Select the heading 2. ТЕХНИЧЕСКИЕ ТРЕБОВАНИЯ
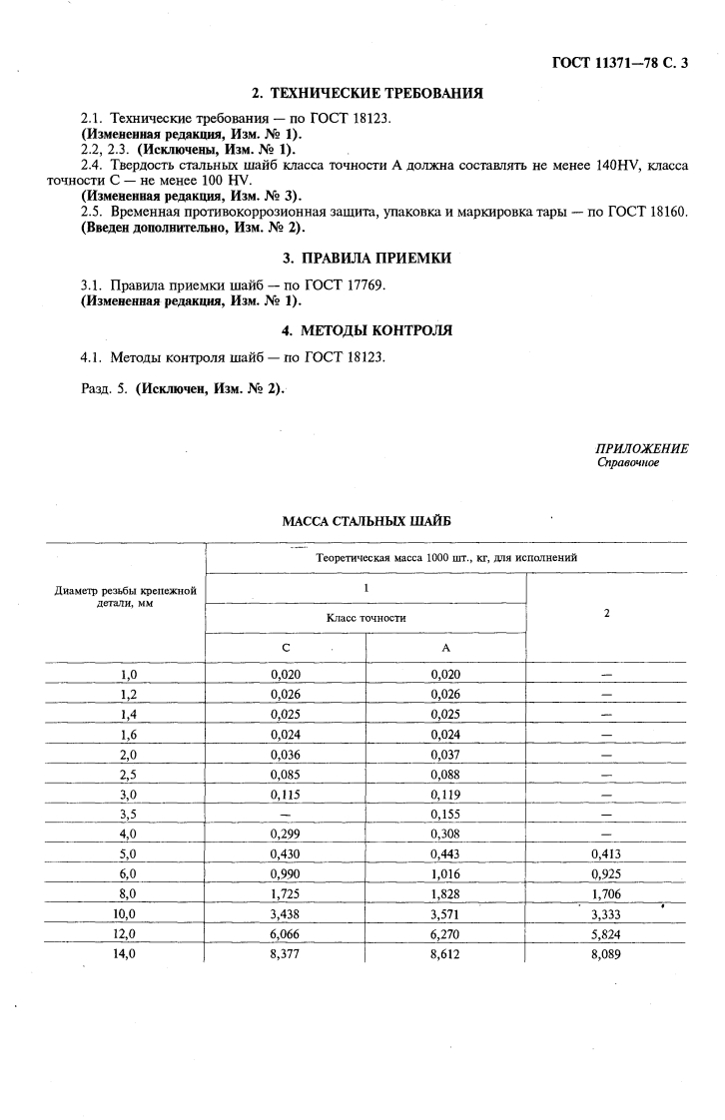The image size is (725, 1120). [366, 94]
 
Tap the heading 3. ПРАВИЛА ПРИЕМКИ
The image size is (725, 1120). [366, 259]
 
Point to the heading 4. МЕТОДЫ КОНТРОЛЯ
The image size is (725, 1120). [366, 330]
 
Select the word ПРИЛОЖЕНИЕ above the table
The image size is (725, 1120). [641, 449]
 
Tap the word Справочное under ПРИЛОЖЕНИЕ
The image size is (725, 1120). [627, 462]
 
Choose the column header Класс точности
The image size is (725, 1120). [365, 618]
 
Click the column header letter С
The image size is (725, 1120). [286, 647]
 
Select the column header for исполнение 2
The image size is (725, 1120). [606, 613]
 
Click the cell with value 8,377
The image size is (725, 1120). [286, 953]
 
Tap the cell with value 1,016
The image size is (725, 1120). [445, 873]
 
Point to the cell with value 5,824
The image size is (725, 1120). [606, 933]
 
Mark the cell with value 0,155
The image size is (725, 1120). [445, 814]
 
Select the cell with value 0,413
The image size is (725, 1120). [606, 853]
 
